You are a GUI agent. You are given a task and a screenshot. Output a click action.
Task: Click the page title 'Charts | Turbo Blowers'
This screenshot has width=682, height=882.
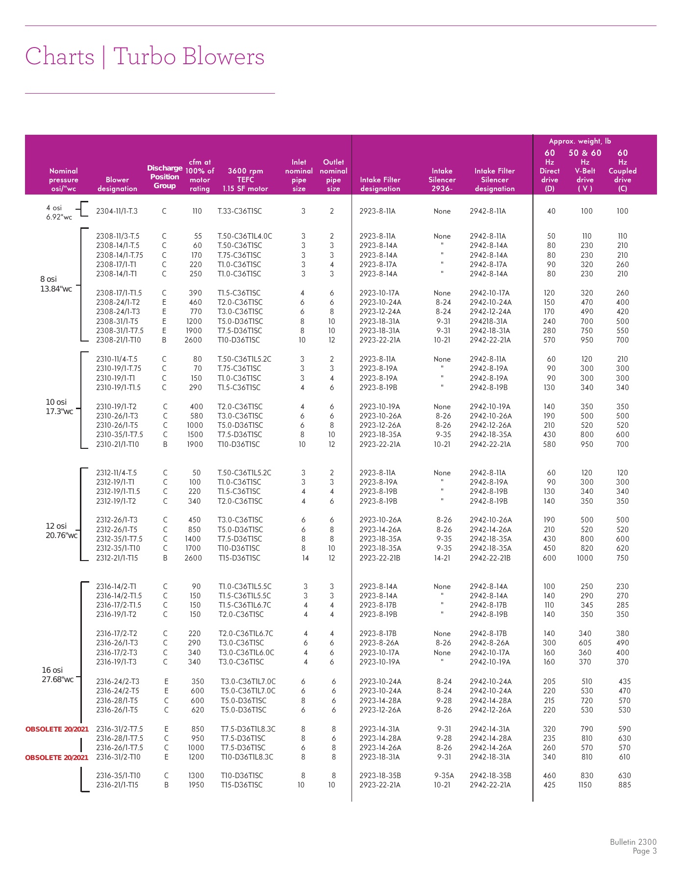pos(145,57)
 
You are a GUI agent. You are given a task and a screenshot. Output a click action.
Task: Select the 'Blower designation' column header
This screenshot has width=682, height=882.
pos(117,184)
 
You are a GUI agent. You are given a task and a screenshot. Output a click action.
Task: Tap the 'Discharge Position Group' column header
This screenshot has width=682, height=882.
pos(165,177)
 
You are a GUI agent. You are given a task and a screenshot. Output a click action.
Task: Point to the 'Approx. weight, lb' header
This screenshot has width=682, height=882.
pos(580,141)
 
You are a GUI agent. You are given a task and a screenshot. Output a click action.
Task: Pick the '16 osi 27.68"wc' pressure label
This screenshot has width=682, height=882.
pos(57,675)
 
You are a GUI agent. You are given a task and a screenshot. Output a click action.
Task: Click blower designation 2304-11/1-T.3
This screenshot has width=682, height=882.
pos(117,211)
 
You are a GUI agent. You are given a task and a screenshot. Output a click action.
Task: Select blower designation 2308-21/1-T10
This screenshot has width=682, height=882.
pos(119,340)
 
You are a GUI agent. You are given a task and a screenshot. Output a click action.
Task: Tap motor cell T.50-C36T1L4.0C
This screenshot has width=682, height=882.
pos(245,236)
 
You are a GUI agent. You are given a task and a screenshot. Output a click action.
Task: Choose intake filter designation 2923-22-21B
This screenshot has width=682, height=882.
pos(379,558)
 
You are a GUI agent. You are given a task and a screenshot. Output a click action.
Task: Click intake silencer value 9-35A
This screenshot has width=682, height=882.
pos(444,776)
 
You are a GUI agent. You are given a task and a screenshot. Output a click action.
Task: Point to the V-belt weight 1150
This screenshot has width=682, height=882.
pos(585,785)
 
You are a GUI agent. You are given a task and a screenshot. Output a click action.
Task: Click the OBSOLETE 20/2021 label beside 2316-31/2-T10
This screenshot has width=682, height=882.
pos(57,758)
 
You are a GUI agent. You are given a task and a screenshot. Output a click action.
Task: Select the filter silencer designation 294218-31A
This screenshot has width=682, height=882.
pos(488,321)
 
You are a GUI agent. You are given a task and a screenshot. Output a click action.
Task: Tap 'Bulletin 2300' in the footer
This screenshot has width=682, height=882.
pos(633,842)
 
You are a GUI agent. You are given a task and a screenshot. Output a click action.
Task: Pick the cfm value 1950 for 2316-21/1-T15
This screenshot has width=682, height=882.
pos(196,785)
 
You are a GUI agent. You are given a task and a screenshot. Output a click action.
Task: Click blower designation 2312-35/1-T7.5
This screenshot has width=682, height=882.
pos(119,539)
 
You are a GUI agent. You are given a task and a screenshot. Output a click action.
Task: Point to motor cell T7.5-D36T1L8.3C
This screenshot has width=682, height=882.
pos(248,729)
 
